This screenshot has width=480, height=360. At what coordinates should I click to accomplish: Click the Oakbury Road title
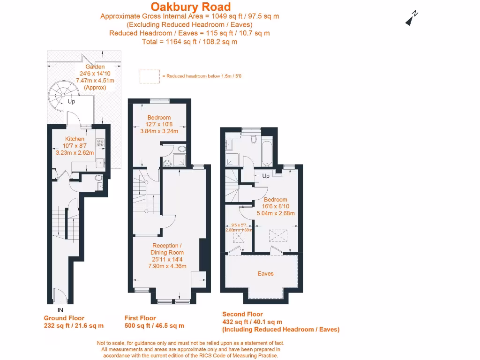point(190,7)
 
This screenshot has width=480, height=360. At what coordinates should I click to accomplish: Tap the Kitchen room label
point(75,139)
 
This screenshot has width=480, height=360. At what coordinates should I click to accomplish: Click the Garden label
point(95,67)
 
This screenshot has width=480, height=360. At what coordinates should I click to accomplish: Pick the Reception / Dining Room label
point(168,249)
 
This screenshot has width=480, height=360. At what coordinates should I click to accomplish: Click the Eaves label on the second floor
point(265,273)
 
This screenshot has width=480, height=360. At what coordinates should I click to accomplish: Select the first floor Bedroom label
point(159,118)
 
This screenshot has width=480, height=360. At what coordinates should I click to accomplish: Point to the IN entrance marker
point(60,310)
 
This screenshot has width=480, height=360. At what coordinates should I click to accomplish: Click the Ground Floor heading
point(64,318)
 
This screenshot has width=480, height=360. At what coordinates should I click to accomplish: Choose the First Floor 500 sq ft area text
point(154,326)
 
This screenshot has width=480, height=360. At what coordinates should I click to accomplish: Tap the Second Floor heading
point(242,314)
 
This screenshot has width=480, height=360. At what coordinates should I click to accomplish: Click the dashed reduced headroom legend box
point(150,76)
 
